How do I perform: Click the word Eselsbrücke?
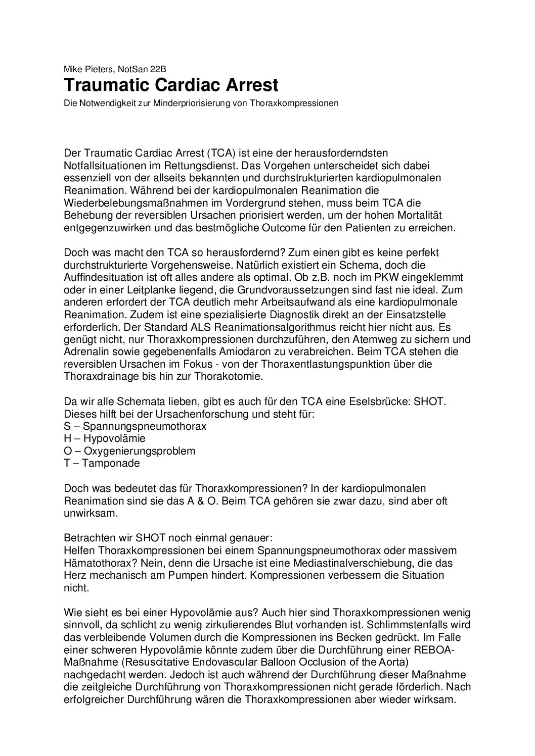click(372, 401)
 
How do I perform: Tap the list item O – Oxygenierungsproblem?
click(129, 450)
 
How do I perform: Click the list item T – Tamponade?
click(102, 463)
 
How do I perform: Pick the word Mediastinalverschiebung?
click(332, 562)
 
